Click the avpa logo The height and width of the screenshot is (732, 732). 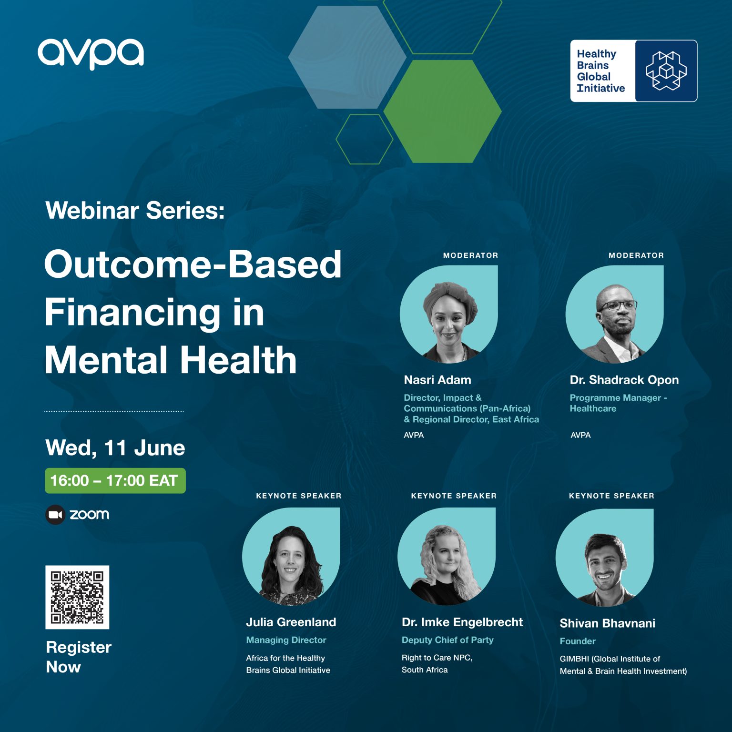(91, 53)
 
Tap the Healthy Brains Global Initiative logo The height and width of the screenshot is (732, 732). (633, 71)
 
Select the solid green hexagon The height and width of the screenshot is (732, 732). (442, 111)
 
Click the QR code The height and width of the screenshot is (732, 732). (77, 597)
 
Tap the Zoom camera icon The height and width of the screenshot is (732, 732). (55, 515)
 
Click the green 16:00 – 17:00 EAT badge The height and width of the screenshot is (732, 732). (115, 481)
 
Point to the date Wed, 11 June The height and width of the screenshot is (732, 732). (115, 448)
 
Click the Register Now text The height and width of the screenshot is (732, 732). (78, 657)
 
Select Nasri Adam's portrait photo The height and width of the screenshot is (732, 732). (449, 315)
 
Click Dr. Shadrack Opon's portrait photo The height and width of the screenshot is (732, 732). (615, 315)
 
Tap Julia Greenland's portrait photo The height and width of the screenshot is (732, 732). (291, 557)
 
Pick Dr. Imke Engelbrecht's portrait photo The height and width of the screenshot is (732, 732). (447, 557)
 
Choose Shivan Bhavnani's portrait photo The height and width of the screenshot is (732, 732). (605, 558)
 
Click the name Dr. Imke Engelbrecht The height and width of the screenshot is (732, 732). (462, 622)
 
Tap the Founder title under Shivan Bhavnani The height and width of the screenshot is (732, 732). (578, 641)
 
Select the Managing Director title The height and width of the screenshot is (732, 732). (286, 640)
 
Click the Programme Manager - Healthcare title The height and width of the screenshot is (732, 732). (618, 403)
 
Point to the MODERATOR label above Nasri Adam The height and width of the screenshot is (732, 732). (470, 255)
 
